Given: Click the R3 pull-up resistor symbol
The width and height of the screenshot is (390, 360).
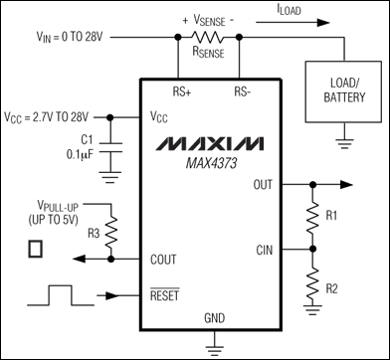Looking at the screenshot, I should point(110,236).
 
